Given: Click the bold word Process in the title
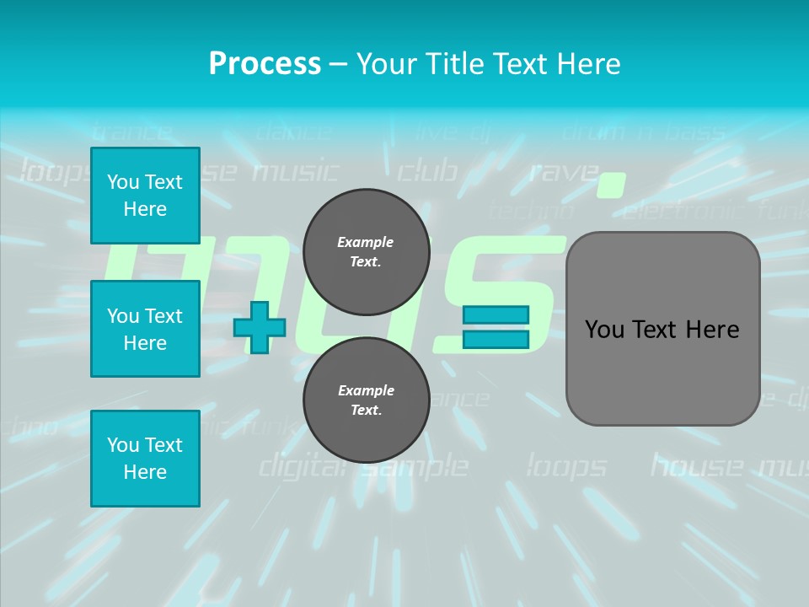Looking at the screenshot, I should pos(265,63).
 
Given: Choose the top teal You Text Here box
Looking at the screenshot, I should pos(145,196).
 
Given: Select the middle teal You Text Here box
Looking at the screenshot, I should pos(145,329).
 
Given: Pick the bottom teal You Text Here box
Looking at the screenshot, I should pos(145,459).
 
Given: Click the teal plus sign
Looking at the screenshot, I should pos(260,327).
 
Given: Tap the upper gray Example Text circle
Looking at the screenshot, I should pos(366,251).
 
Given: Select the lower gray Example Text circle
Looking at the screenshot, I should pos(366,400).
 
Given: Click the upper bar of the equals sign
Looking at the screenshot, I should pos(496,314).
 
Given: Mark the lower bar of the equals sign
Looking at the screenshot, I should pos(496,339).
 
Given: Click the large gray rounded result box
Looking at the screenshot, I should pos(662,329).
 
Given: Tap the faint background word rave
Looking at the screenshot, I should pos(562,172).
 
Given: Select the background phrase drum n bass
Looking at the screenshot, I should pos(642,132).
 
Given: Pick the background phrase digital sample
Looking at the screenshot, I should pos(362,465).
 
